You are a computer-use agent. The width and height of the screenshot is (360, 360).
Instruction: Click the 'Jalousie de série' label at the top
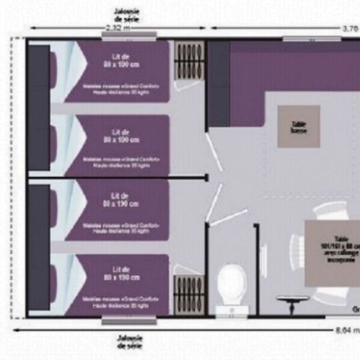(x=124, y=12)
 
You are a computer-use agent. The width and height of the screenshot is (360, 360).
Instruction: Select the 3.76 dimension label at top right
(x=350, y=27)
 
